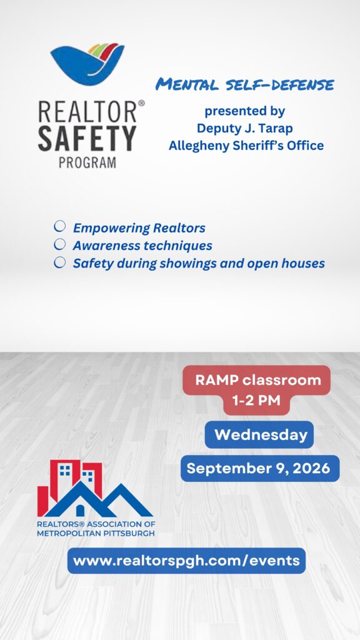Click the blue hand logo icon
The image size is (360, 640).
pos(87,63)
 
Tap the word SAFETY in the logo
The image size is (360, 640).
pos(87,139)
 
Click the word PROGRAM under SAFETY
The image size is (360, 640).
pos(87,162)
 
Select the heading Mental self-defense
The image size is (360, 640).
pos(245,85)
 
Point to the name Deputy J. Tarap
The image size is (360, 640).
pos(245,128)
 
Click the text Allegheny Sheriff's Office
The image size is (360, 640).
pos(246,146)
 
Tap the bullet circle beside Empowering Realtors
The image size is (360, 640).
pos(59,226)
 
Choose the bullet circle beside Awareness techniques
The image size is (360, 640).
pos(59,244)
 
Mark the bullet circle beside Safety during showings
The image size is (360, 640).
pos(59,262)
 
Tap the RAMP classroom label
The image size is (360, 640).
pos(258,380)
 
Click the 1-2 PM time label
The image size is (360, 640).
pos(256,401)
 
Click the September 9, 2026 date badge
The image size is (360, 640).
pos(258,468)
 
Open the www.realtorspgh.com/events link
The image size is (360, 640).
pos(186,561)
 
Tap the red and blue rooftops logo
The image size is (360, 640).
pos(95,489)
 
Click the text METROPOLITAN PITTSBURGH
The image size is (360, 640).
pos(96,534)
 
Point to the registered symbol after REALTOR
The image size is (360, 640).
pos(141,104)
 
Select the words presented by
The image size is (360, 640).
pos(245,111)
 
